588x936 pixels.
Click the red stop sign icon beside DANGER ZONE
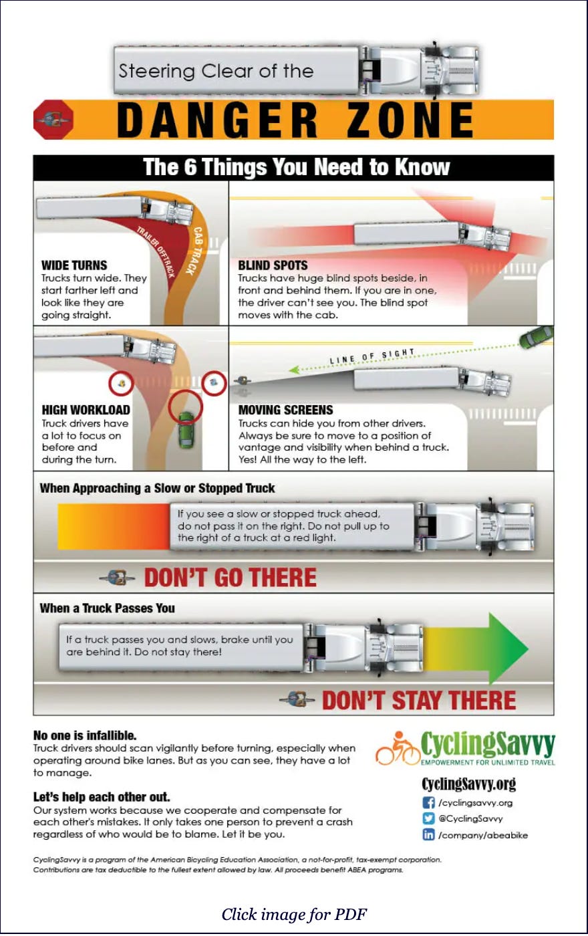tap(53, 119)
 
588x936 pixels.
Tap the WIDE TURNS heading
tap(74, 265)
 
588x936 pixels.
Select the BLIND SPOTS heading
tap(273, 265)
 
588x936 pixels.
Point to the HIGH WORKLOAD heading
tap(86, 410)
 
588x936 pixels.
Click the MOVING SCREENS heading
tap(286, 410)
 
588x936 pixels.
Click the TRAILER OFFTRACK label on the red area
tap(156, 252)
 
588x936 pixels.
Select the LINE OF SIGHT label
tap(372, 356)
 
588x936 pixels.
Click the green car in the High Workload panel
tap(186, 430)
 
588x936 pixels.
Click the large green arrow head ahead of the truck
tap(508, 649)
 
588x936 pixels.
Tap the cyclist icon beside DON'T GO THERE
tap(118, 578)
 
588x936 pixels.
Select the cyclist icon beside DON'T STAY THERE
tap(297, 699)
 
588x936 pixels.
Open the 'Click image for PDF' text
tap(294, 915)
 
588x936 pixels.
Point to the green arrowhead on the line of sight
tap(294, 370)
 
